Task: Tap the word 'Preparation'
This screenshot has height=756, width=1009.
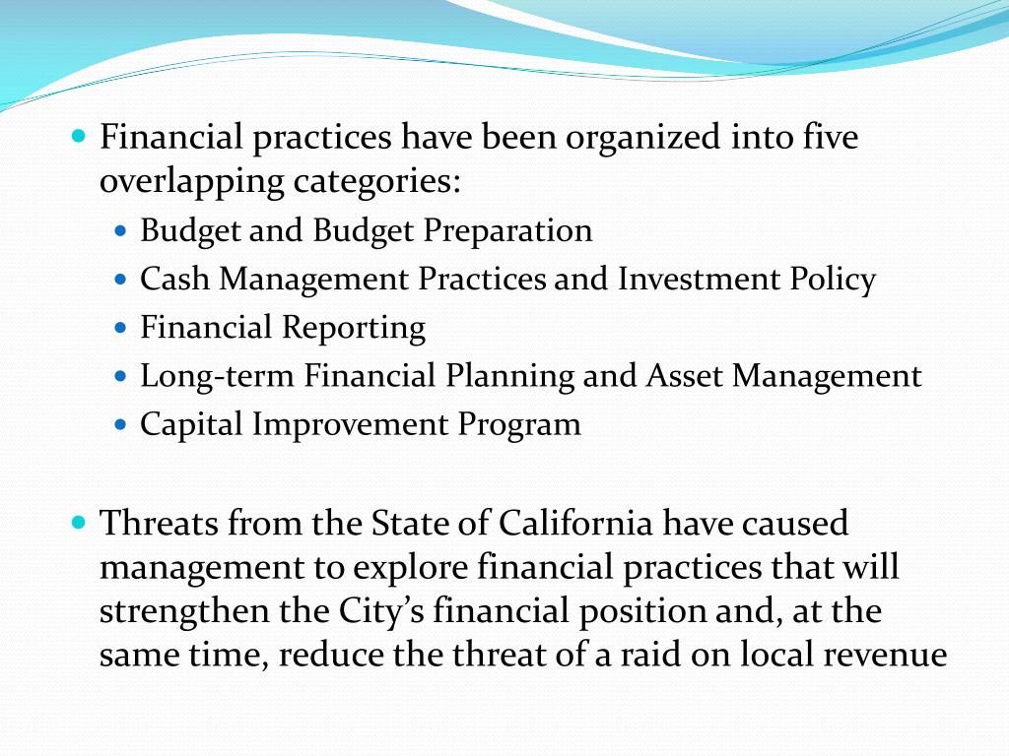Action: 508,230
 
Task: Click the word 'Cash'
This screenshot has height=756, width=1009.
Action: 175,280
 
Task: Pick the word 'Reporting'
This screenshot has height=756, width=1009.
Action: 354,328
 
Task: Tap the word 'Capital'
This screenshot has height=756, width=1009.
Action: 192,424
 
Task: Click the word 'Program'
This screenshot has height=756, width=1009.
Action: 519,424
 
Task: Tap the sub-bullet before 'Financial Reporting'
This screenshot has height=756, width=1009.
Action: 122,327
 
